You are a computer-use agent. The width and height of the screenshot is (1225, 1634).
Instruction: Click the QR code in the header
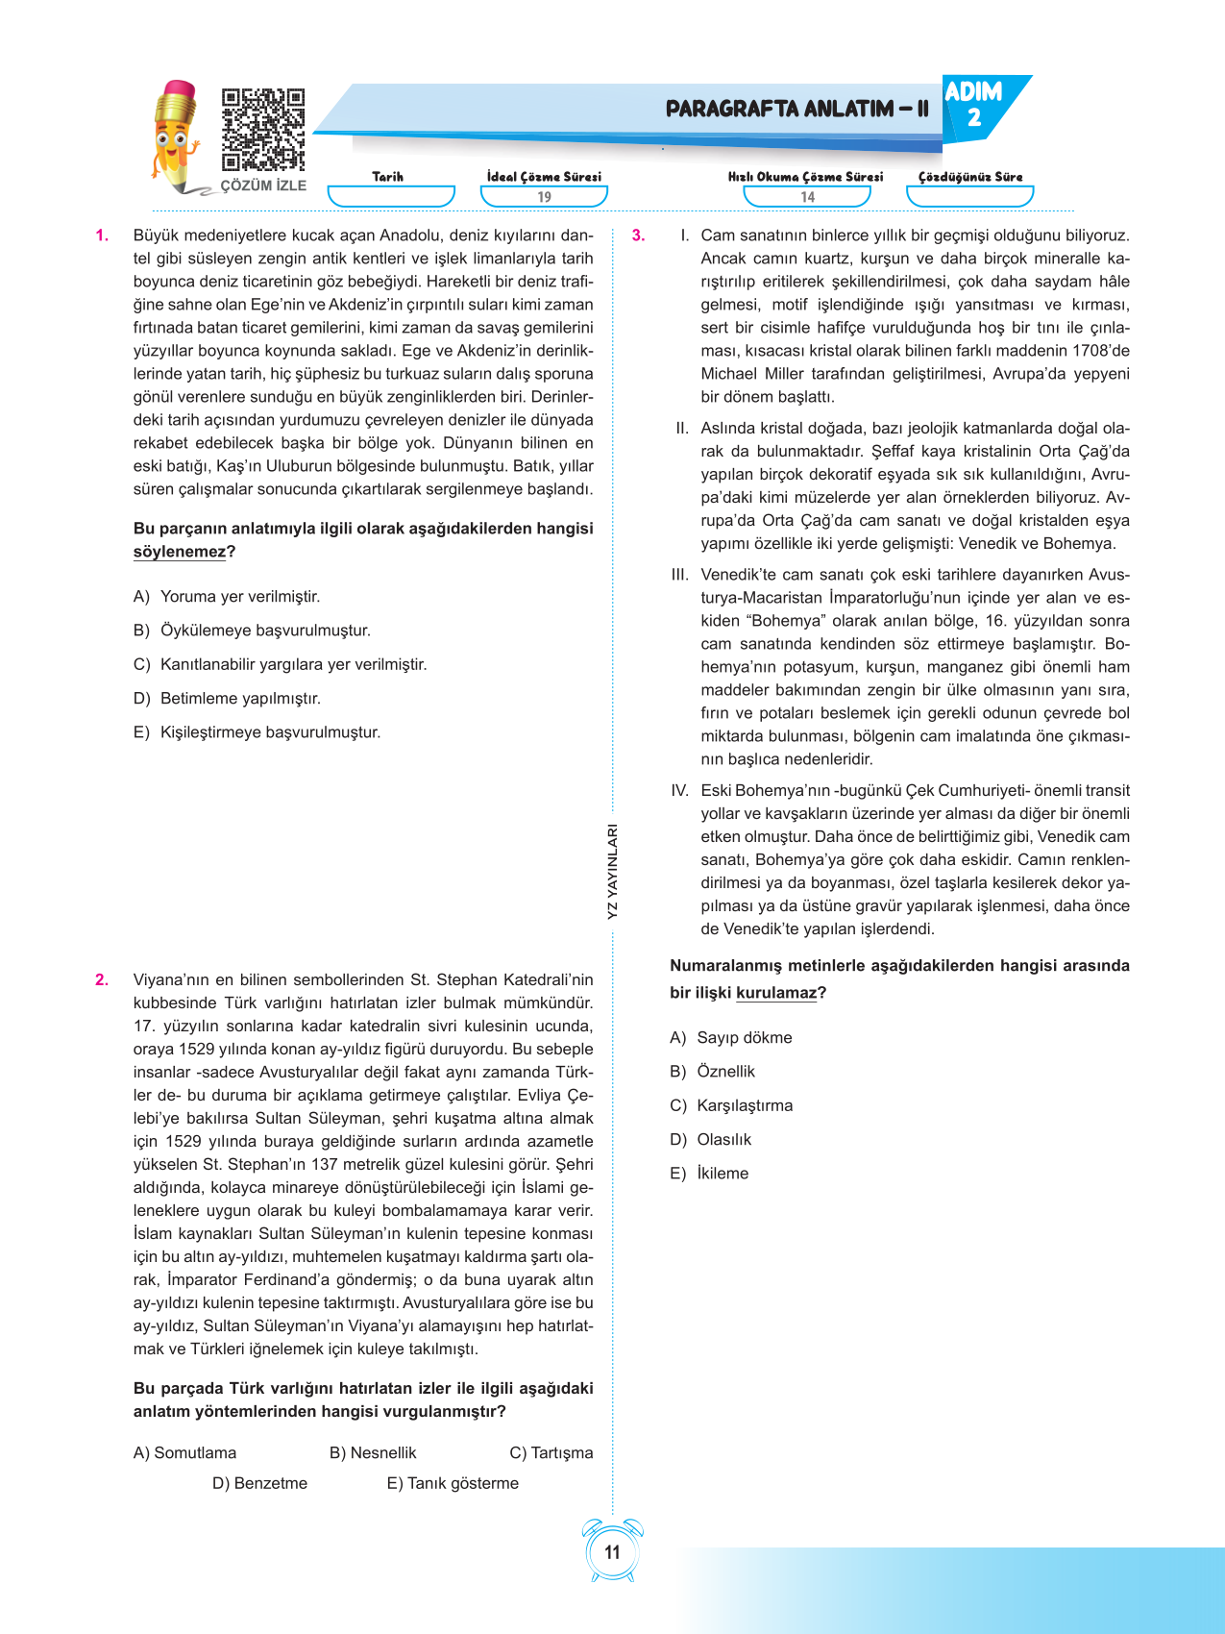(262, 130)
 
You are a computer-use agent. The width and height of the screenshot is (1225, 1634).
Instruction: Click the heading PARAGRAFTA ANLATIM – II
(796, 109)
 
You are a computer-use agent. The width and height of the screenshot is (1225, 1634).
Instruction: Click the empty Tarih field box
(390, 196)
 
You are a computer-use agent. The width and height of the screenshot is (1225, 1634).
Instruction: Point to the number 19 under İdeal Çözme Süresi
(544, 197)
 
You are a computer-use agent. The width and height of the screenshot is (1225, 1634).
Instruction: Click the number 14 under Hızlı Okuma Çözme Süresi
(807, 197)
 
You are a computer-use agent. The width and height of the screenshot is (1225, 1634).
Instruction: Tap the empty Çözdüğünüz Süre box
(969, 196)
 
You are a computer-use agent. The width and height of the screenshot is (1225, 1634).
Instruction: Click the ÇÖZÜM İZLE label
(263, 186)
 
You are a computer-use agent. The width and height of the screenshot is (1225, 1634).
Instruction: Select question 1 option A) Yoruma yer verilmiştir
(227, 597)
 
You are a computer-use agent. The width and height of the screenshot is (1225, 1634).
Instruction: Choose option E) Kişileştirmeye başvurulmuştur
(257, 732)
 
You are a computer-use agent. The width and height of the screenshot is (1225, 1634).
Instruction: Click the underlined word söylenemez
(179, 552)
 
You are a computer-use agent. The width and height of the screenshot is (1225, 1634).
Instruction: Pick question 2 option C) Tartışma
(551, 1453)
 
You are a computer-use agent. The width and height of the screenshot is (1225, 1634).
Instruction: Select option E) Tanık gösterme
(453, 1483)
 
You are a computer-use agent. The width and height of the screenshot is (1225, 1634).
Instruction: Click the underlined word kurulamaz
(776, 993)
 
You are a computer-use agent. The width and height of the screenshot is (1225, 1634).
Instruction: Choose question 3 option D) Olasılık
(711, 1140)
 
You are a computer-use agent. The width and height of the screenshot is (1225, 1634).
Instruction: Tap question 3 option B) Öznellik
(713, 1072)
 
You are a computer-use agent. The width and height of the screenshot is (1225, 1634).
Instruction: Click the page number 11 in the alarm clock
(612, 1552)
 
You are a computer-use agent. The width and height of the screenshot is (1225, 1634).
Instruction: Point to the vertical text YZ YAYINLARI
(612, 871)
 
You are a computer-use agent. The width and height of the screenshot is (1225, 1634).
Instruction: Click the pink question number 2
(102, 980)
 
